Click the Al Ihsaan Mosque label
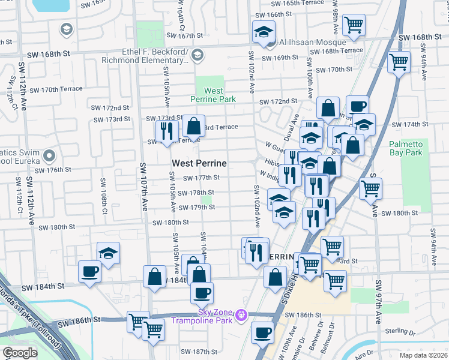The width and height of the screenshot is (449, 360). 307,42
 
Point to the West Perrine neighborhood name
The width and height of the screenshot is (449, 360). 199,163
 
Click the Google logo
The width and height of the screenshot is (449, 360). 20,353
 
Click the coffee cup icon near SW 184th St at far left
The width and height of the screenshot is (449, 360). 90,271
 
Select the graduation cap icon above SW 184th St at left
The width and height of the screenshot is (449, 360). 108,253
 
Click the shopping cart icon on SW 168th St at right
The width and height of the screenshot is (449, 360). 399,61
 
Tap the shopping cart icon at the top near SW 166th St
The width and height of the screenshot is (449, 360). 354,25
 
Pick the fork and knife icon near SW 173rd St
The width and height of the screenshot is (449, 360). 166,130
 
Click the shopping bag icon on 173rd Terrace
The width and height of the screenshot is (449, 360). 193,126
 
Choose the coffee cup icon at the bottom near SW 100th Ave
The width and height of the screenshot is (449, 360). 262,332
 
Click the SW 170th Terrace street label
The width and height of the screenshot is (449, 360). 53,89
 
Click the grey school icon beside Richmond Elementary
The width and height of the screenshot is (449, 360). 197,56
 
